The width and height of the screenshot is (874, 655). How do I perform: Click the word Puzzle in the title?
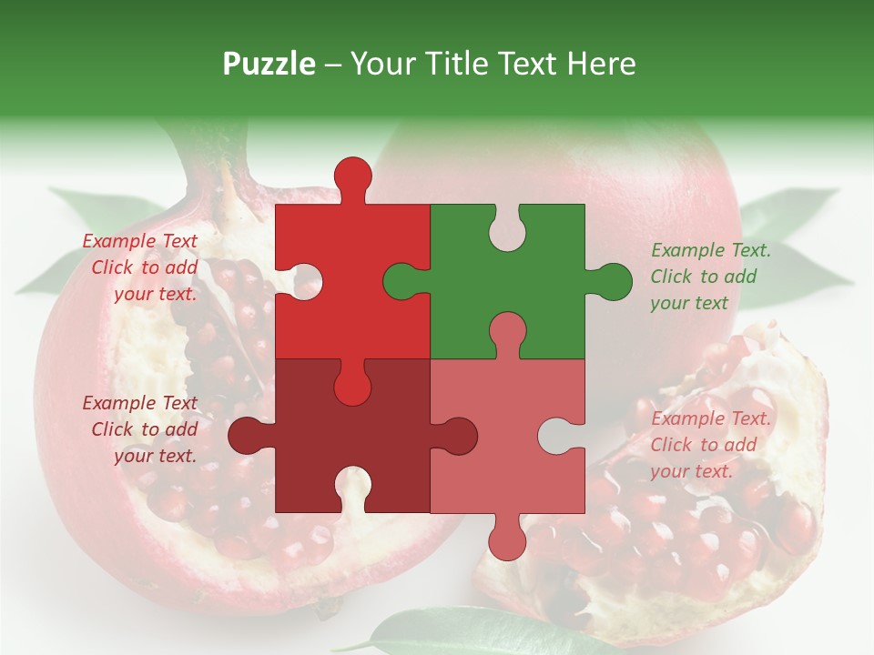tap(269, 64)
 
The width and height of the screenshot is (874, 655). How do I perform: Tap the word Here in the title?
tap(601, 64)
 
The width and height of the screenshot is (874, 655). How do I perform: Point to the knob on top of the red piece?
tap(352, 176)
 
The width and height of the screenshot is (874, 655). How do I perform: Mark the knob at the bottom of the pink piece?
tap(507, 540)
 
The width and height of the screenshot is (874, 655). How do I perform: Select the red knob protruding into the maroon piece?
tap(352, 386)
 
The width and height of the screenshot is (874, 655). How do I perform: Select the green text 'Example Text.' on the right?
tap(710, 250)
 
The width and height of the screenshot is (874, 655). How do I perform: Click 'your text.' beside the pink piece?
tap(691, 471)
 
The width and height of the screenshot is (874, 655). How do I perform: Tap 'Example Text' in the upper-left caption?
tap(139, 241)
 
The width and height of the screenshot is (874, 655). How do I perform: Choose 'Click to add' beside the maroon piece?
tap(145, 429)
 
